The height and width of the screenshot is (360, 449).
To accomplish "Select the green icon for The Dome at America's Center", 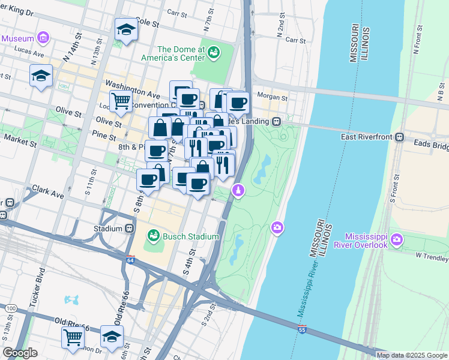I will point(214,54).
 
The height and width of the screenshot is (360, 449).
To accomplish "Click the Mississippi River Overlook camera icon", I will point(397,241).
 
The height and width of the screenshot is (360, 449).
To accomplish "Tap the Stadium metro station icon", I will point(129,229).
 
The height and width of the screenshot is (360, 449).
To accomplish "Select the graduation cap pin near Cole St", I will point(126,29).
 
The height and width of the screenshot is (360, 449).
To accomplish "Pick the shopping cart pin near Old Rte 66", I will point(73,338).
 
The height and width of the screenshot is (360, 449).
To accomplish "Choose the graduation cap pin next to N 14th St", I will point(41,76).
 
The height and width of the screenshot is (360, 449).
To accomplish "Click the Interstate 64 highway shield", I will point(131,260).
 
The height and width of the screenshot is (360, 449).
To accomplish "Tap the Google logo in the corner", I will point(20,353).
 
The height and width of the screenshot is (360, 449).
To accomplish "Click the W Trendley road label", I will point(432,257).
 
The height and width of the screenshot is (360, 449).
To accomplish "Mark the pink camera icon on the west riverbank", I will point(277,227).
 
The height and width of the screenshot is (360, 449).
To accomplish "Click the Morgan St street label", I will point(272,97).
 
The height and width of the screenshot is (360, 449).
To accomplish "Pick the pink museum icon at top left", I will point(43,38).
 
